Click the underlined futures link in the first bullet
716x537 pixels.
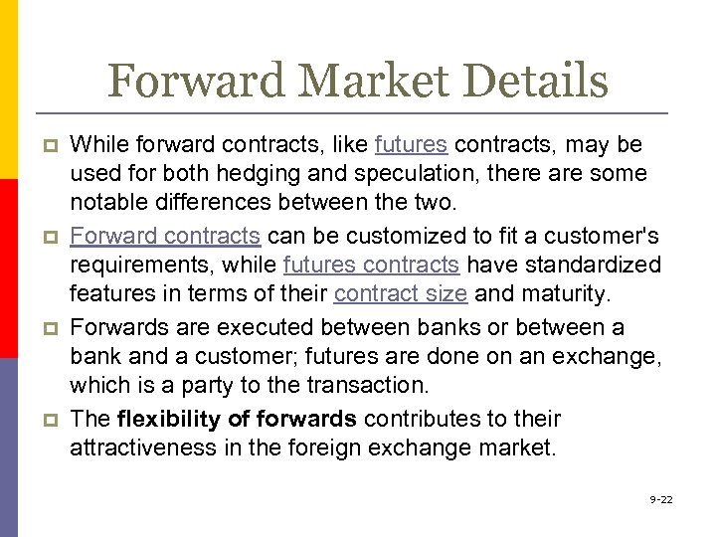412,145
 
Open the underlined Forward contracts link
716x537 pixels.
165,237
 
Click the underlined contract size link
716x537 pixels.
401,294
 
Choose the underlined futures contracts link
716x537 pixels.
371,266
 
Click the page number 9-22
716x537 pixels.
660,498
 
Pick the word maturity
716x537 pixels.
562,294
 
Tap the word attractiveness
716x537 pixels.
142,447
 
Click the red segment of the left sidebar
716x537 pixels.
9,268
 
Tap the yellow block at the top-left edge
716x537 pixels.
9,89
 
